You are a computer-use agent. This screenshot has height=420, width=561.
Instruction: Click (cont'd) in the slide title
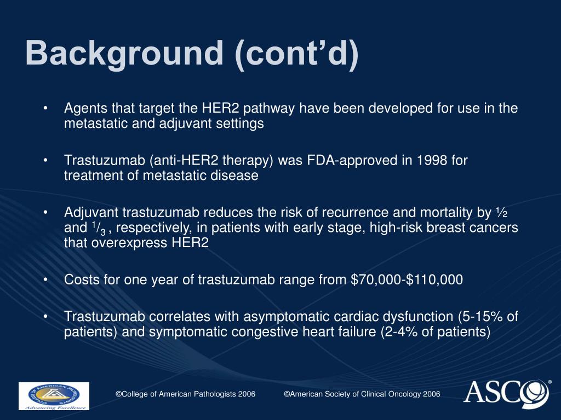click(x=296, y=54)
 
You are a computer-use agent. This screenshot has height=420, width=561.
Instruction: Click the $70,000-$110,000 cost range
click(x=407, y=280)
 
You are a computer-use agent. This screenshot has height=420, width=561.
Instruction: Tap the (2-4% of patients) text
click(x=435, y=332)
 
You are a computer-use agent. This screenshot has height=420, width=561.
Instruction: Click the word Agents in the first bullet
click(x=82, y=108)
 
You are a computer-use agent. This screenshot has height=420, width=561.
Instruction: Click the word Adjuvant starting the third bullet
click(x=91, y=213)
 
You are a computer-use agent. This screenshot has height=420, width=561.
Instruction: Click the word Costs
click(x=80, y=280)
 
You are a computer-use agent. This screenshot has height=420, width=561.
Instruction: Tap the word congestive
click(x=270, y=332)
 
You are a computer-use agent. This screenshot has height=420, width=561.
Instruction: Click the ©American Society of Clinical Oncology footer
click(x=362, y=394)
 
